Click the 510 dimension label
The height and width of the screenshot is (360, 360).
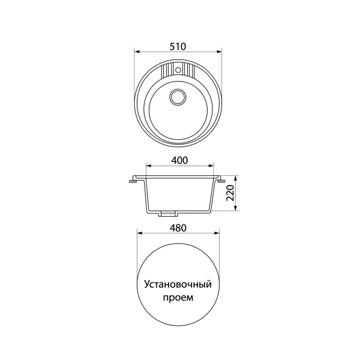[178, 47]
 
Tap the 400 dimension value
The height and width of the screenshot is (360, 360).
[179, 160]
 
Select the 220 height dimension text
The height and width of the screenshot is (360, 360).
[230, 193]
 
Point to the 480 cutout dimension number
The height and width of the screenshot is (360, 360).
[178, 228]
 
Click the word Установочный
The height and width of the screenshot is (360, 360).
[178, 284]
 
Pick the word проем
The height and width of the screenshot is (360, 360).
[178, 298]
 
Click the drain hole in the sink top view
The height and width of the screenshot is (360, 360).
[178, 97]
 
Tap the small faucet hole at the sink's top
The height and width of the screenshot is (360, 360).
[178, 70]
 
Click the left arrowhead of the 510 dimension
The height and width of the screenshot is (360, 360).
[137, 52]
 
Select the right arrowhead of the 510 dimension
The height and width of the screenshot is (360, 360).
[219, 52]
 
